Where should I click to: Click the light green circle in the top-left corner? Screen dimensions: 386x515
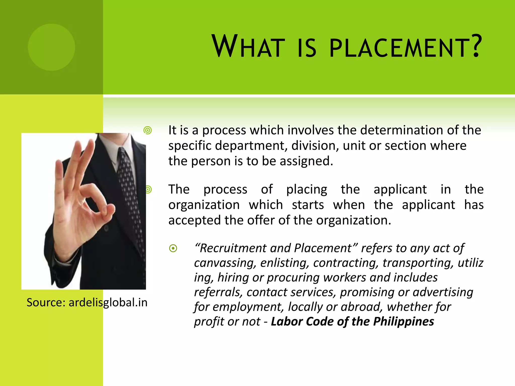click(52, 47)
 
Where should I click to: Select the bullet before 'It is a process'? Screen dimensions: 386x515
click(148, 130)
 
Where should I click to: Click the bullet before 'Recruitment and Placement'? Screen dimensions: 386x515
click(173, 248)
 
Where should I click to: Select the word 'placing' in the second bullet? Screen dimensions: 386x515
click(307, 189)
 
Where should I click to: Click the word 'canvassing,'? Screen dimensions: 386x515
click(225, 263)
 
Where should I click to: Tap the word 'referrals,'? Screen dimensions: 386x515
click(218, 292)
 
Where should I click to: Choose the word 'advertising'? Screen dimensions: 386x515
click(443, 292)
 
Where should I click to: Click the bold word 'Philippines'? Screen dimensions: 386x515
click(403, 322)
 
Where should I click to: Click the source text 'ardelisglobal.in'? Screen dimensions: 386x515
click(108, 302)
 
